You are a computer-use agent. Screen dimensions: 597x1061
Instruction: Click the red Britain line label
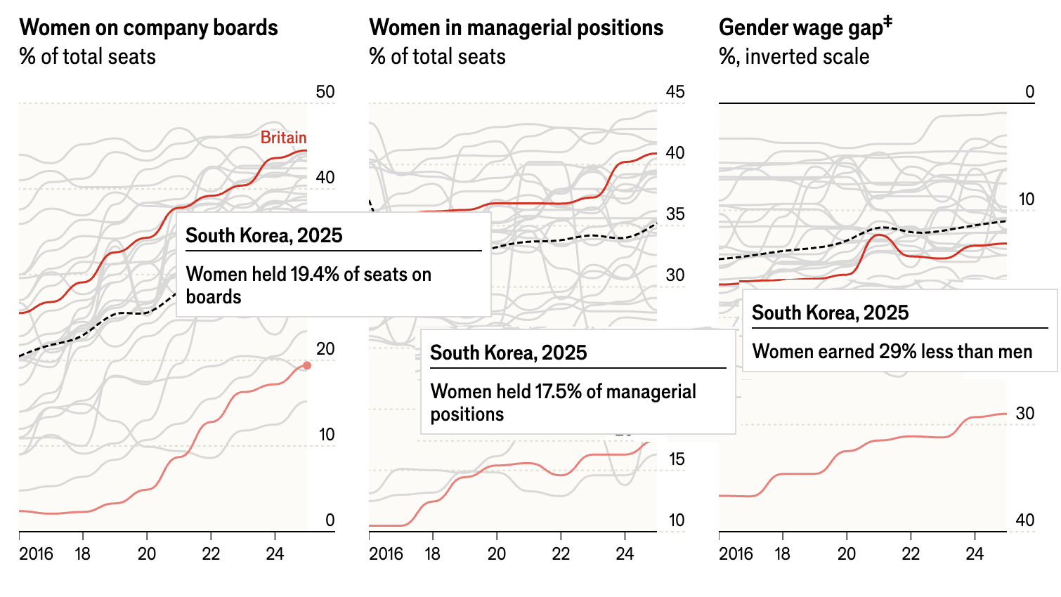[283, 138]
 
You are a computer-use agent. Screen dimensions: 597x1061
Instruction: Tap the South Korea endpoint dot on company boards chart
[307, 365]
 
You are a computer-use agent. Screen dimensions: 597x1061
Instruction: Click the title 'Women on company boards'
[149, 28]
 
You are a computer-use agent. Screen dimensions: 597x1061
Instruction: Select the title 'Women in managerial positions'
[516, 28]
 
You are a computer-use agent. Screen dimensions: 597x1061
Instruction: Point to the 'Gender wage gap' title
[805, 27]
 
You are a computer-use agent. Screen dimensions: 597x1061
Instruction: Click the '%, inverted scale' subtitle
[794, 57]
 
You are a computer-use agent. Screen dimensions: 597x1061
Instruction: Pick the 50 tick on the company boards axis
[325, 92]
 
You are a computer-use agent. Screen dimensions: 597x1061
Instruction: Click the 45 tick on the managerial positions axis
[675, 92]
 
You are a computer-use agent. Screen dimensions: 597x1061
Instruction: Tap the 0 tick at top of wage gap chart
[1029, 92]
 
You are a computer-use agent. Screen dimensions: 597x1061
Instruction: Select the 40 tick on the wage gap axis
[1025, 520]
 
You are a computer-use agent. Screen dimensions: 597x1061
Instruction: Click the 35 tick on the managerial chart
[675, 214]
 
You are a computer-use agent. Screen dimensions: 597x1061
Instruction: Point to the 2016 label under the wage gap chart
[736, 554]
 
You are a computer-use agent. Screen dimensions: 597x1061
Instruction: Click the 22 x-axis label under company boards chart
[211, 554]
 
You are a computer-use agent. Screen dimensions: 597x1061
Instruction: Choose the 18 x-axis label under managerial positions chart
[432, 554]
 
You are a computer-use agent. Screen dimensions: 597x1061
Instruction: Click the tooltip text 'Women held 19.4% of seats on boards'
[308, 285]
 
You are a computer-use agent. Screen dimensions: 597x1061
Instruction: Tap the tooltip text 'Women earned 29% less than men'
[892, 351]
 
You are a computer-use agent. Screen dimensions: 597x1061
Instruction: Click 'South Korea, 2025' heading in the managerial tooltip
[509, 353]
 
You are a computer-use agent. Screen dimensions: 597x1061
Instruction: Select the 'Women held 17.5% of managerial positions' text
[563, 402]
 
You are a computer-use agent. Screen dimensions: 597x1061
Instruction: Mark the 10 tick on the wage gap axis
[1027, 199]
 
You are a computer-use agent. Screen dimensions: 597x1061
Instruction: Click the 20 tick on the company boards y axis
[325, 349]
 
